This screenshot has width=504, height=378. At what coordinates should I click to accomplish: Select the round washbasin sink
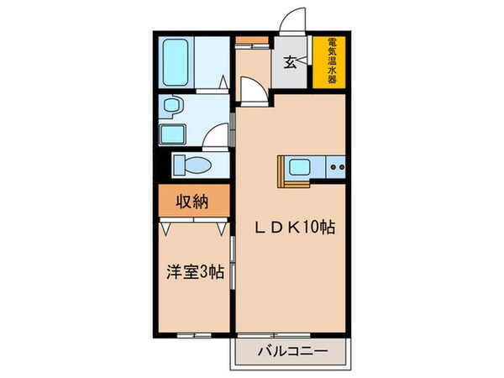173,107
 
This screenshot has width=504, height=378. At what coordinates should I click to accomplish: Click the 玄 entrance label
288,61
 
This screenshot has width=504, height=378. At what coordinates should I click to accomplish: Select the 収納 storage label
192,201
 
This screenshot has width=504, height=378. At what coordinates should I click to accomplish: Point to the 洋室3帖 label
195,272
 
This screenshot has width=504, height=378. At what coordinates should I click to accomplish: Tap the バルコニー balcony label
290,352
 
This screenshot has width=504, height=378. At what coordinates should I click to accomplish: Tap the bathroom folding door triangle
223,81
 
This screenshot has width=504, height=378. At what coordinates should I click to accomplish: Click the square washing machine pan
173,132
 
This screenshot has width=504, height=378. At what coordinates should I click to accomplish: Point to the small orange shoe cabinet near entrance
246,40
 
